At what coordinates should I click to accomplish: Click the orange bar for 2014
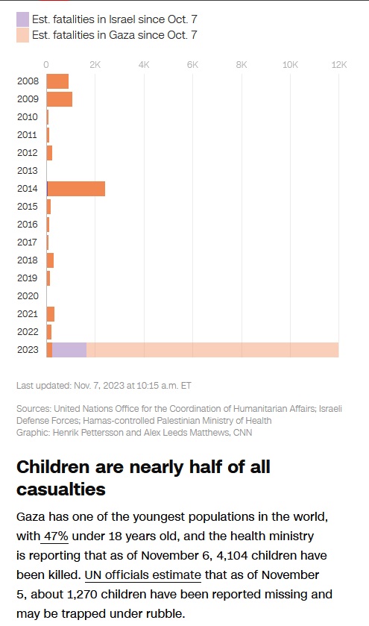click(76, 189)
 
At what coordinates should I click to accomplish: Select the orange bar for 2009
click(60, 99)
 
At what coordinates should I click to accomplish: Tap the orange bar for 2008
click(57, 81)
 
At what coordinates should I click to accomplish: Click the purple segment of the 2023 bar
click(69, 350)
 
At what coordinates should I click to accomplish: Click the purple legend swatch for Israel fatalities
click(22, 19)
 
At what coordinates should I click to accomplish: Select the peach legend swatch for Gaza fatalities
click(22, 35)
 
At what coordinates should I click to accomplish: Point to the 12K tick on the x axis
click(339, 65)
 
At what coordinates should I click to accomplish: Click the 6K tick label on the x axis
click(192, 65)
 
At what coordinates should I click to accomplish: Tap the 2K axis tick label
click(95, 65)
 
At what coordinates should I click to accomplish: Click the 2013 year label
click(27, 171)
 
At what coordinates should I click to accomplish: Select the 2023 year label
click(27, 350)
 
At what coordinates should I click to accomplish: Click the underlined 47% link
click(56, 536)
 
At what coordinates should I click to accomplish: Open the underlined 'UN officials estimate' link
click(143, 575)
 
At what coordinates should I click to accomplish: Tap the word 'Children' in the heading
click(51, 468)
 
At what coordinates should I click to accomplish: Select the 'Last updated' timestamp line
click(104, 386)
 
